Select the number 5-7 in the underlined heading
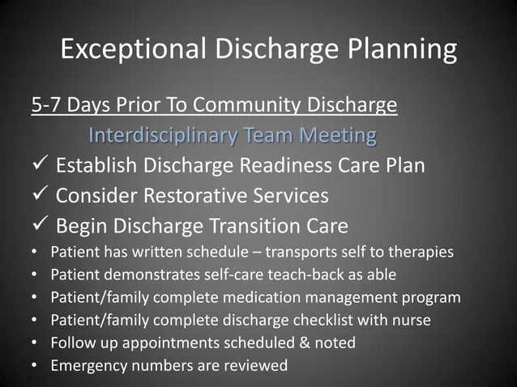point(48,105)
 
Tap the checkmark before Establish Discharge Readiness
point(41,166)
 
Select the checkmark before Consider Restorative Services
point(41,195)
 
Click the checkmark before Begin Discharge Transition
point(41,224)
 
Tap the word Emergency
point(86,366)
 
